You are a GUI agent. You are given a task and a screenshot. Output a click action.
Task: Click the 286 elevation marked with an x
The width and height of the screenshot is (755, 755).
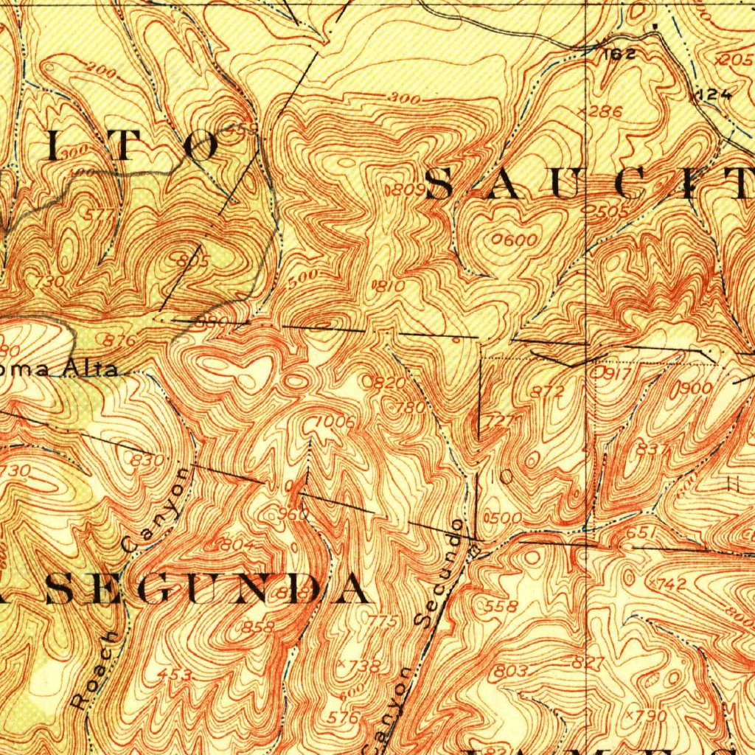coord(605,112)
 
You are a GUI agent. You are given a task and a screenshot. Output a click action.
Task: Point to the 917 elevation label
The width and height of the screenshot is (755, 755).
coord(614,373)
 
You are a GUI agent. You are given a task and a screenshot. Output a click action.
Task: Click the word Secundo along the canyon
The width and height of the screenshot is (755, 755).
coord(441,573)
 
